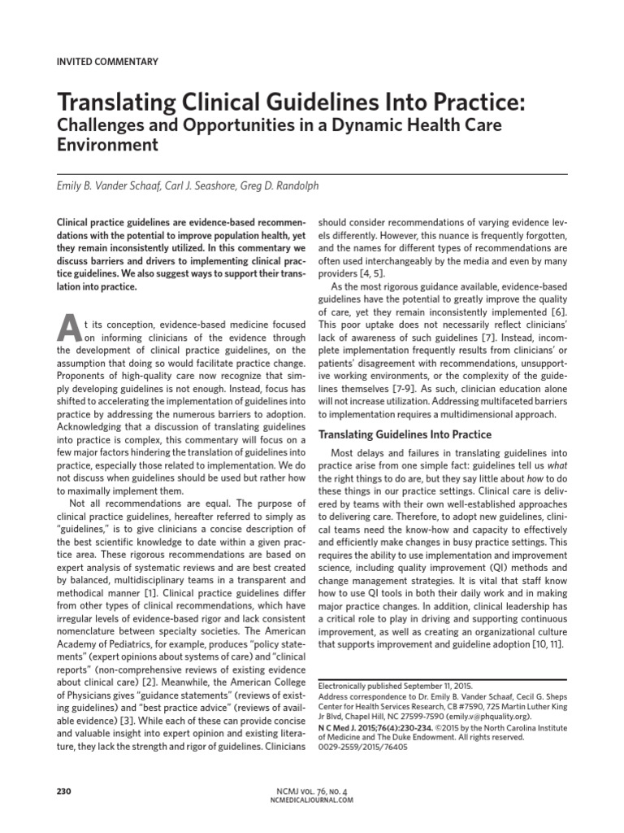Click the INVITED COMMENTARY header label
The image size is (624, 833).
[x=107, y=61]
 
